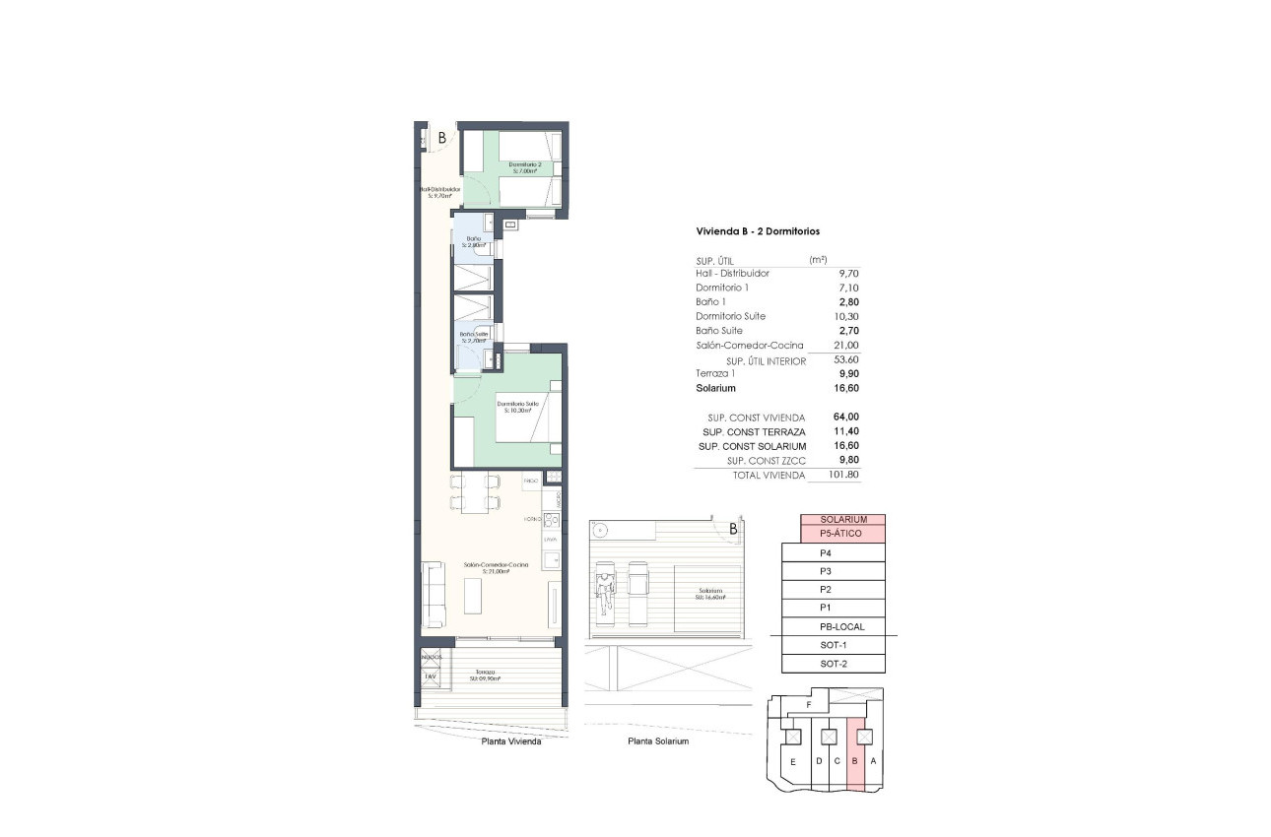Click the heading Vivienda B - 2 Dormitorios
pos(758,231)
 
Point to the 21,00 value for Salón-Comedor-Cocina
pos(846,346)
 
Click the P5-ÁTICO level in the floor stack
pos(841,534)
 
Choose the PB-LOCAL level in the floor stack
pos(841,627)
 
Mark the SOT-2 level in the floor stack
pos(834,664)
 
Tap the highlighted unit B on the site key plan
pos(856,761)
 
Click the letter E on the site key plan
pos(792,762)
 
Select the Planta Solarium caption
pos(657,741)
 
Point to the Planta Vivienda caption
pos(510,741)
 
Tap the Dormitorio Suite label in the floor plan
pos(518,406)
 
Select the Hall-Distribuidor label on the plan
pos(439,192)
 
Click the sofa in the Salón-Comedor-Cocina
pos(432,594)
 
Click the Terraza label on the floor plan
pos(481,675)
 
